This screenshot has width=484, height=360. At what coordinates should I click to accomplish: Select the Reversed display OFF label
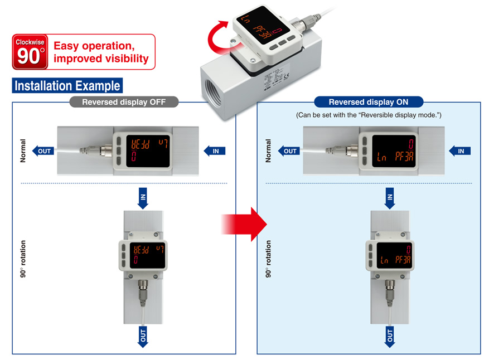point(123,101)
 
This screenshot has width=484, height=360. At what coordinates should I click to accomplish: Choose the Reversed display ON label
point(369,101)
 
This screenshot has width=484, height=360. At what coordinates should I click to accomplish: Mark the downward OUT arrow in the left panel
point(143,337)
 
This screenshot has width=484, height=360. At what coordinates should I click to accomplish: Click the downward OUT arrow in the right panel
point(389,337)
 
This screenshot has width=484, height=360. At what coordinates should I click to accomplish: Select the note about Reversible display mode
point(369,115)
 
